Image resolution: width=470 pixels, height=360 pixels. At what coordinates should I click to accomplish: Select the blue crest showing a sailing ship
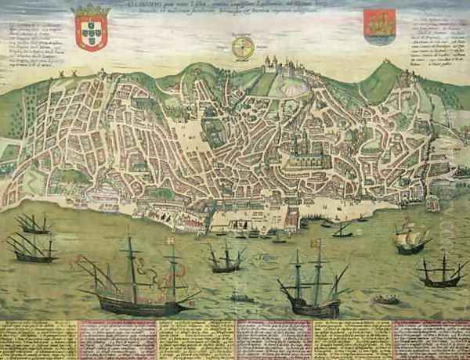click(x=380, y=26)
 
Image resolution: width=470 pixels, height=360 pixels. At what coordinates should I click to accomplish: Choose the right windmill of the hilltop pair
click(x=74, y=74)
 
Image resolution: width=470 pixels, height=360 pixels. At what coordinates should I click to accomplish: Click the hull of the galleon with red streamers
click(x=145, y=303)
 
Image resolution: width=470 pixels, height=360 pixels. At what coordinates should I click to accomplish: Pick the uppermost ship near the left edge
click(x=34, y=225)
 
